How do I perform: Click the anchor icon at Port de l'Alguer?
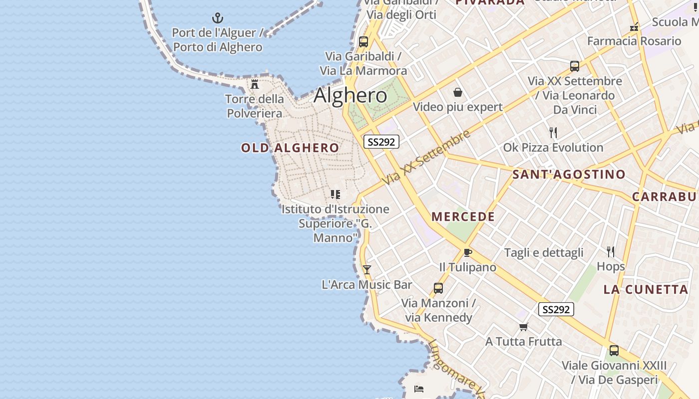pos(217,18)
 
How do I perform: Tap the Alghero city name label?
pos(350,95)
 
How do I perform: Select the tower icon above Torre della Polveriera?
pos(255,84)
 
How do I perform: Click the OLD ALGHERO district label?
pos(290,148)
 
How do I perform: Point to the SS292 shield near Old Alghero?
pos(381,142)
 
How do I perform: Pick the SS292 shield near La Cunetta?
pos(556,309)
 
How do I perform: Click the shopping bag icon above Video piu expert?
pos(457,92)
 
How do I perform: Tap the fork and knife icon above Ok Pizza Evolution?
pos(553,133)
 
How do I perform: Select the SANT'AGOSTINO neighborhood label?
pos(569,174)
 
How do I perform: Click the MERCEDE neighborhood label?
pos(463,216)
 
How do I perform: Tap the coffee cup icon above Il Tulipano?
pos(467,252)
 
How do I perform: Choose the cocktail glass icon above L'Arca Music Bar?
pos(367,270)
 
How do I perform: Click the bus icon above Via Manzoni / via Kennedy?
pos(438,288)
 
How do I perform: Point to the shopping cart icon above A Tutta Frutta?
pos(523,327)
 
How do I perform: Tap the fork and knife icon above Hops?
pos(610,251)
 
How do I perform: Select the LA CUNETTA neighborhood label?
pos(646,289)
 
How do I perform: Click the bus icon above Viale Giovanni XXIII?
pos(614,350)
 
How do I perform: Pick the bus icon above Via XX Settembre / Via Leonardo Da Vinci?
pos(574,66)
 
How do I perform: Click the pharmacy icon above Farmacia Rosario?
pos(634,26)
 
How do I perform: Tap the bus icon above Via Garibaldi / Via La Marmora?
pos(363,41)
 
